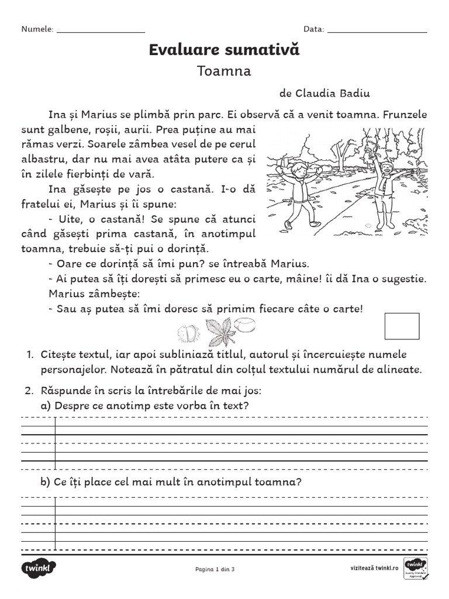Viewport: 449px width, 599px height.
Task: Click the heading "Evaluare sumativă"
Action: click(224, 50)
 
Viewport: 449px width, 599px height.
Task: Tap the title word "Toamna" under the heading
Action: click(224, 71)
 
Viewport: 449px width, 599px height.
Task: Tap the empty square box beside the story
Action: click(402, 326)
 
